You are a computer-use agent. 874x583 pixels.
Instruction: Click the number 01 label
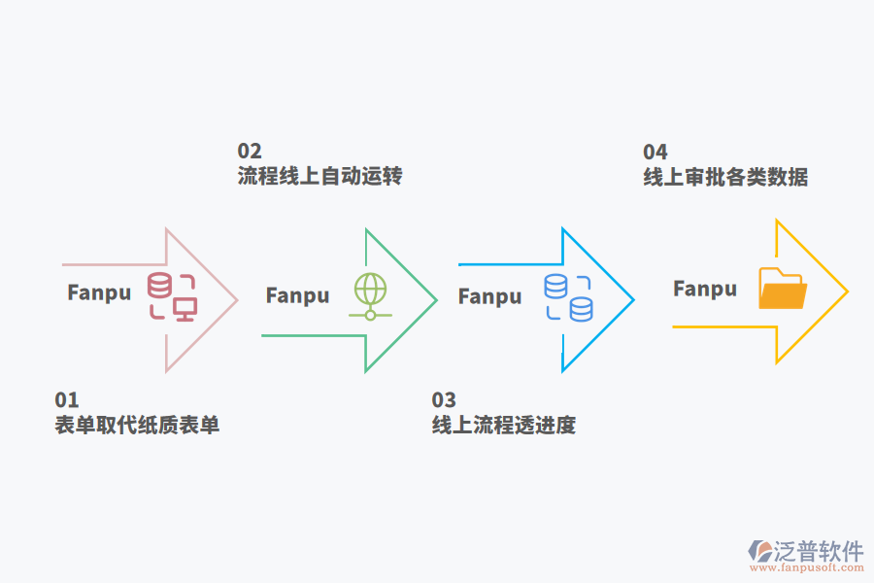pos(66,399)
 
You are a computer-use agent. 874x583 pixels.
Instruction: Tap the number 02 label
pos(250,151)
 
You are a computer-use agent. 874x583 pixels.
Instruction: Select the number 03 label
pos(443,399)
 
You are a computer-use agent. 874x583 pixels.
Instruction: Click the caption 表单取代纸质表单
pos(137,425)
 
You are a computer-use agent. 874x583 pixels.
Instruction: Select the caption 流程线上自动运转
pos(319,176)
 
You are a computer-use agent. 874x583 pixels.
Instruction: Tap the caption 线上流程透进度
pos(503,425)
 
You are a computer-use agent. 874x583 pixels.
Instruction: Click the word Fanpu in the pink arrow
pos(99,291)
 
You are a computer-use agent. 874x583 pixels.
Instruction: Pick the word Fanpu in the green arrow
pos(297,295)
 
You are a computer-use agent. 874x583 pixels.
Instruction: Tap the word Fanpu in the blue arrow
pos(489,296)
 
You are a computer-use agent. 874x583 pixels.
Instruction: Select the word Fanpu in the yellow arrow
pos(704,289)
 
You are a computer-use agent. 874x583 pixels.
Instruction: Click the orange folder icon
pos(782,289)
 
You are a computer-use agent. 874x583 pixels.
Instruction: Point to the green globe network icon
pos(369,296)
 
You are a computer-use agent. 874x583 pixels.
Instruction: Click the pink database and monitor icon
pos(172,296)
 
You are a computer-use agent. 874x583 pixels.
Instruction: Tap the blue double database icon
pos(568,297)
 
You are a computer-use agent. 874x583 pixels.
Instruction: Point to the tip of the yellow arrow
pos(847,291)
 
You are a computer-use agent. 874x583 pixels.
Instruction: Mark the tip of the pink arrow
pos(237,299)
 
